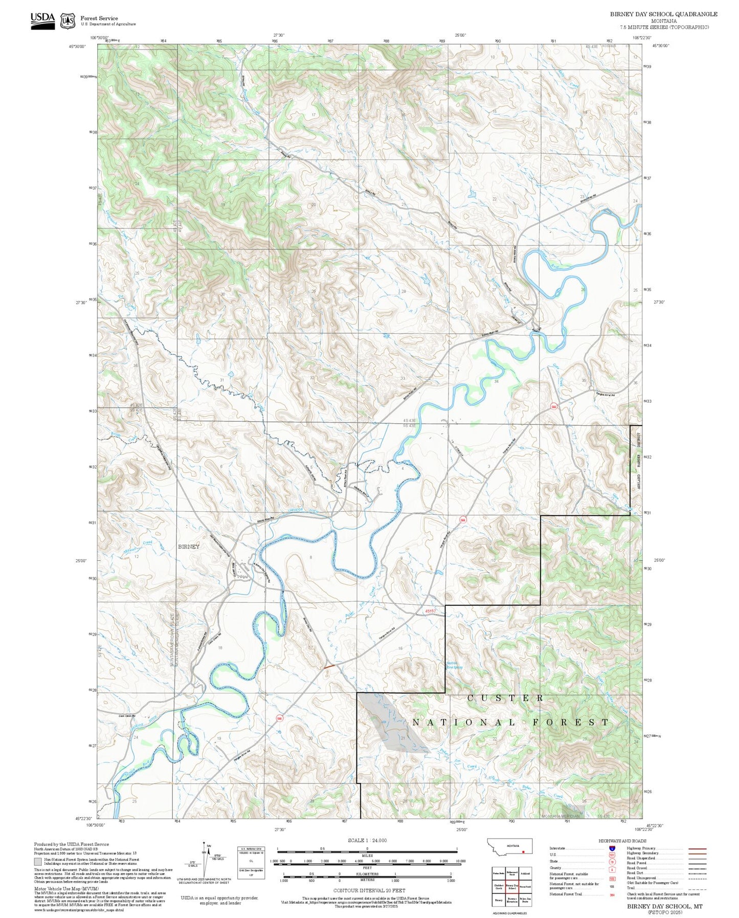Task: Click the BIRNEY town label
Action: tap(189, 547)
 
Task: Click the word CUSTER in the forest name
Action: tap(505, 698)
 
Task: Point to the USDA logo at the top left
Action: tap(42, 20)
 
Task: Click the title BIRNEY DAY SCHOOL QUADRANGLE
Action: tap(663, 14)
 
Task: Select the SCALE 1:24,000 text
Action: tap(367, 840)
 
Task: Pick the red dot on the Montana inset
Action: tap(523, 853)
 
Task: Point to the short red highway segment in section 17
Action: tap(329, 666)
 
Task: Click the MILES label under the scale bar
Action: tap(367, 855)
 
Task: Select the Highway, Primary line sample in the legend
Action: tap(697, 848)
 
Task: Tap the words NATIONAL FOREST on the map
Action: tap(510, 722)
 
